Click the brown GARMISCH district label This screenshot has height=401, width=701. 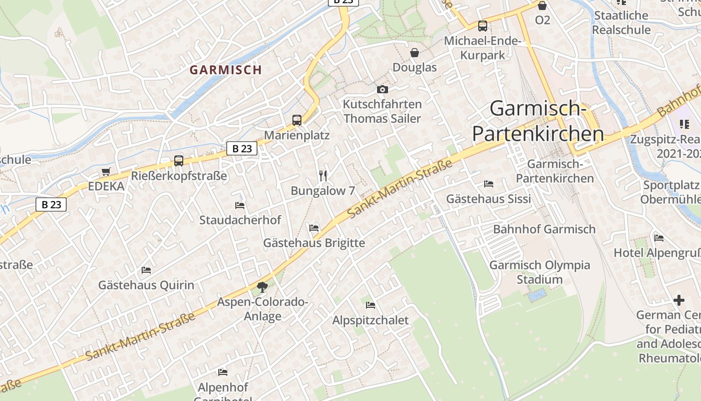226,70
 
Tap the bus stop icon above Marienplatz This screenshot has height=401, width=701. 297,120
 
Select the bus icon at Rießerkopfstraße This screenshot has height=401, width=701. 179,161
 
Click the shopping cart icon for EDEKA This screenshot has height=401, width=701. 106,172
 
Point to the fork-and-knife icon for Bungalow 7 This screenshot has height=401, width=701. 323,175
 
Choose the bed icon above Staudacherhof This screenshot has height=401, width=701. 240,205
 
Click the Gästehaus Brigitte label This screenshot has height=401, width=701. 314,243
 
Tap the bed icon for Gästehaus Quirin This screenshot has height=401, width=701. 146,270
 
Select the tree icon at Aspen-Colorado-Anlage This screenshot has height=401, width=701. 262,287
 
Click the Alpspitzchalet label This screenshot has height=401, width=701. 371,320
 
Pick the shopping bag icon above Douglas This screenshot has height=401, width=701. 415,53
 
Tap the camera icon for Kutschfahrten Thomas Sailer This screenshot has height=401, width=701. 383,89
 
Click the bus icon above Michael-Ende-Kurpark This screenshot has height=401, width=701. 483,26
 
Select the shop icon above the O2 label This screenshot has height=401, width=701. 542,6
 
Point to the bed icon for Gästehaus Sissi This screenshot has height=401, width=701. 489,184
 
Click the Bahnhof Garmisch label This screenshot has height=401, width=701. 544,229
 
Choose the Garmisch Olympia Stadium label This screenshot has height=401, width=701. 540,272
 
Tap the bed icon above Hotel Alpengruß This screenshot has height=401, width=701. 659,238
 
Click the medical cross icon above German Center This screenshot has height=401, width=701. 679,300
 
